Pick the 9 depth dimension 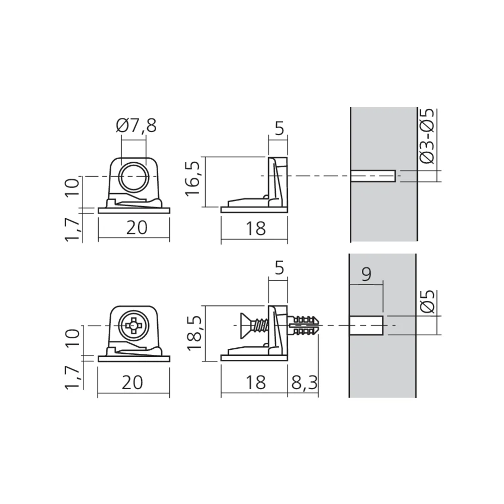pyautogui.click(x=366, y=274)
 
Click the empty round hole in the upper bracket pyautogui.click(x=134, y=176)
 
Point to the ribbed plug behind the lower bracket pyautogui.click(x=306, y=326)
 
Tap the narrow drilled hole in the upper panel pyautogui.click(x=372, y=176)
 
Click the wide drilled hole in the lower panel pyautogui.click(x=366, y=326)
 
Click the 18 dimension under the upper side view pyautogui.click(x=256, y=228)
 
